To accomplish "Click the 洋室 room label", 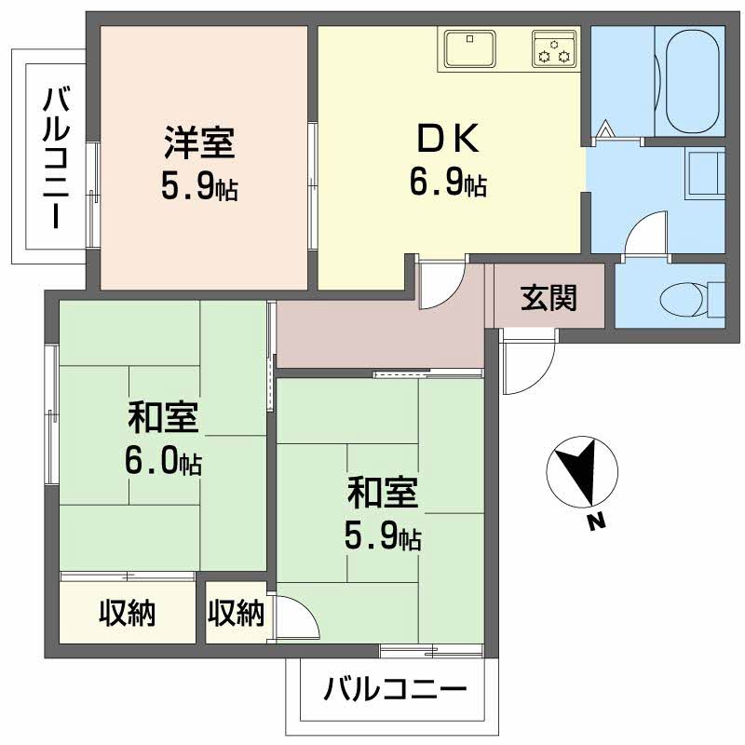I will pos(198,144).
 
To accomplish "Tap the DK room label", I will pos(447,140).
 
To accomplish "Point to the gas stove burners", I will pos(555,48).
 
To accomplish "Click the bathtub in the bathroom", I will pos(690,79).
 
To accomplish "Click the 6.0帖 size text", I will pos(164,462).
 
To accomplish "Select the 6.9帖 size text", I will pos(447,183).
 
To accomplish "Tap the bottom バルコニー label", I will pos(394,690).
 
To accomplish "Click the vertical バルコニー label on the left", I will pos(54,156).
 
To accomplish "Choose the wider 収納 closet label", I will pos(128,613).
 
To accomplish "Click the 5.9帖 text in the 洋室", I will pos(198,188).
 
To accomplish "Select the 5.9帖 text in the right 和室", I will pos(383,535).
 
